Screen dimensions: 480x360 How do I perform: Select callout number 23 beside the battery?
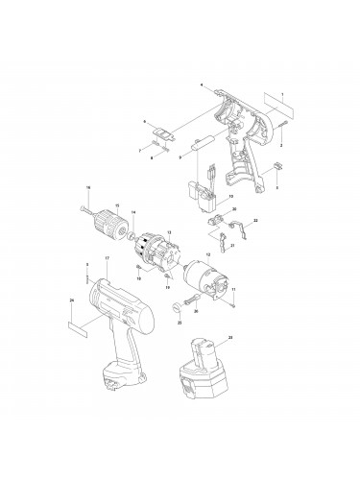231,337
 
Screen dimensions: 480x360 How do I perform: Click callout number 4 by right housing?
202,85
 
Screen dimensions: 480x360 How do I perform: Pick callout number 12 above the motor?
206,254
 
